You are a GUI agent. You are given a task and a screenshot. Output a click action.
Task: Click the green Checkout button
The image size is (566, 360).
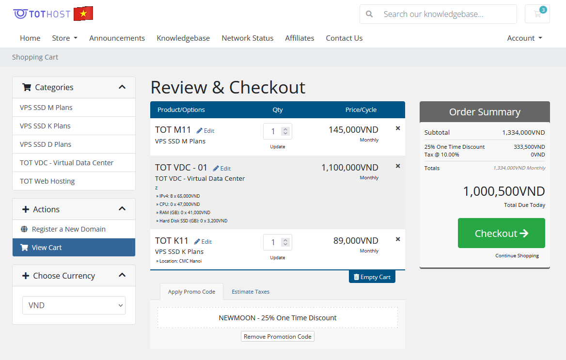point(501,233)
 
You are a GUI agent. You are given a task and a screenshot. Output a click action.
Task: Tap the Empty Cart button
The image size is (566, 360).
point(372,277)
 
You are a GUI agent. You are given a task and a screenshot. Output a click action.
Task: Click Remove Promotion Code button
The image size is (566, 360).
point(278,336)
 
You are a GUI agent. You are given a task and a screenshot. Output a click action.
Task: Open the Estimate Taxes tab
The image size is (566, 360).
point(251,292)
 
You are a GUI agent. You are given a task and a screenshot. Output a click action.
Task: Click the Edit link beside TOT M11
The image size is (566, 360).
point(205,131)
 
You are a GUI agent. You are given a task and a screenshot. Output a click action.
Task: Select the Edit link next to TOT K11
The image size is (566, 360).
point(203,242)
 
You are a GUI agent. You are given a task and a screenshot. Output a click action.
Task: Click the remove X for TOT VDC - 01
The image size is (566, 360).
point(398,166)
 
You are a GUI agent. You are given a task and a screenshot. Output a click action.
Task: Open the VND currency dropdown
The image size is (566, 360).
point(74,305)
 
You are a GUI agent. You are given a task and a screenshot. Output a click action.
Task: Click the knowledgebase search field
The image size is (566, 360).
point(438,14)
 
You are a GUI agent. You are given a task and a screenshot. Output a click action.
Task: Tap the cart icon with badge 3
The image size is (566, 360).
point(537,14)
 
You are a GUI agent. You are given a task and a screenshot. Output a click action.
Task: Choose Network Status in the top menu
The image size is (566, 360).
point(247,38)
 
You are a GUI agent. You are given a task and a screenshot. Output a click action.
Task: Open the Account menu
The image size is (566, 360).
point(524,38)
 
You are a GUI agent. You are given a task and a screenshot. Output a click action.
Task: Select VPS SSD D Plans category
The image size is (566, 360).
point(46,144)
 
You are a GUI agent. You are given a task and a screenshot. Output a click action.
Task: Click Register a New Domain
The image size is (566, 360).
point(68,229)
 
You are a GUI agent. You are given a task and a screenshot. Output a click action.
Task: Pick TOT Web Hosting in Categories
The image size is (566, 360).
point(47,181)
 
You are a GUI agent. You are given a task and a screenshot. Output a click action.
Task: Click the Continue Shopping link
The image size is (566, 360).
point(517,256)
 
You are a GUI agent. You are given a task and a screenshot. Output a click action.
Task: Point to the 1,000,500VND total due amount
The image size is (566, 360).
point(504,191)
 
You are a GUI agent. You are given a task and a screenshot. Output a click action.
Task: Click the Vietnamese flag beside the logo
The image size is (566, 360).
point(83,14)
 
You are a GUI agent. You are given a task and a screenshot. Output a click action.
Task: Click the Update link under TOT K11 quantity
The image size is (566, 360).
point(277,258)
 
